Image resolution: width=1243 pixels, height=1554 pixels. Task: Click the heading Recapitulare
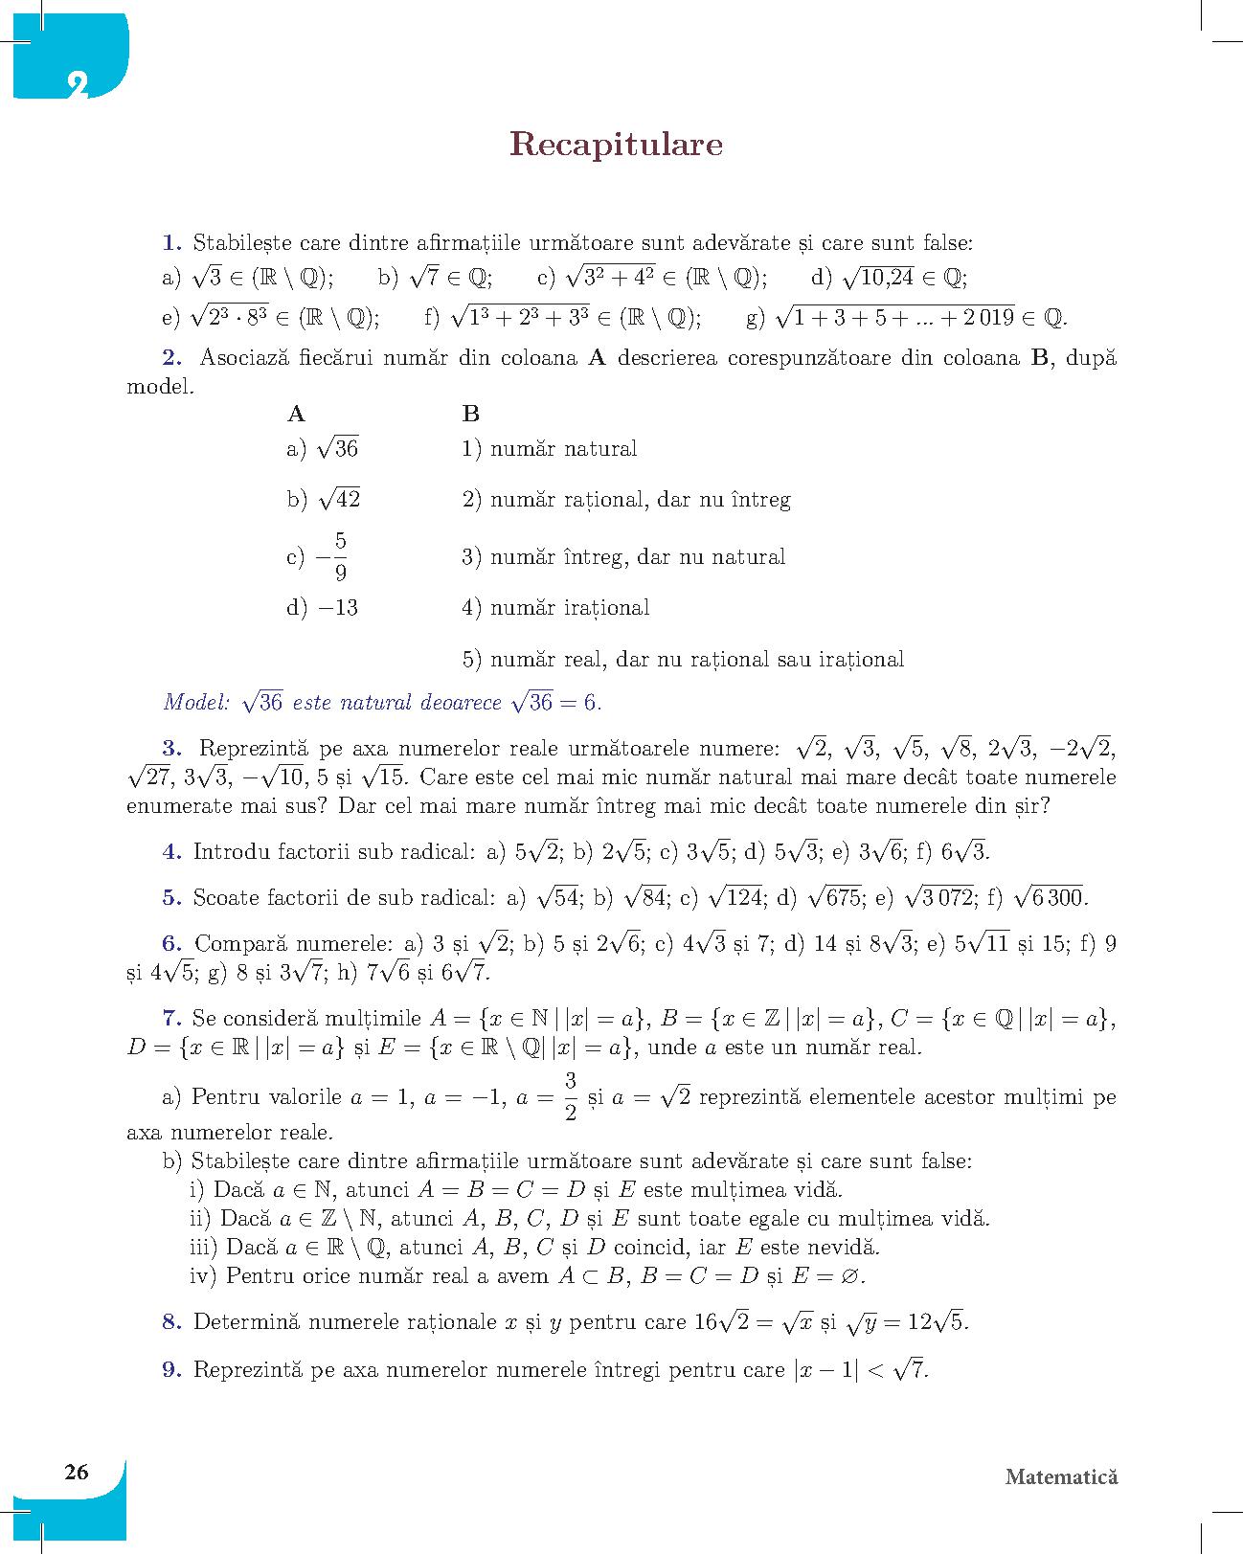(x=616, y=144)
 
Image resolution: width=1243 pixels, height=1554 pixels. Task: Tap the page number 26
(x=76, y=1472)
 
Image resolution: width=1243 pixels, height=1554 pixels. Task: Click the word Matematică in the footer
(x=1061, y=1476)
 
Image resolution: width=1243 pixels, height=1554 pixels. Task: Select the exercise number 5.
(x=172, y=897)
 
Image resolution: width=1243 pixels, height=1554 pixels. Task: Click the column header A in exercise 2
(x=296, y=414)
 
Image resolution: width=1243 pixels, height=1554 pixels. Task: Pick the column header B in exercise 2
(x=470, y=414)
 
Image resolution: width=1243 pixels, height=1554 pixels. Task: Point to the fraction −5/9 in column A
(x=332, y=557)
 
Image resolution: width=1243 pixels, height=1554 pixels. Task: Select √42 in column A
(x=339, y=499)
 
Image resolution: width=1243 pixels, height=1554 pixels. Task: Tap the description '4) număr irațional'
(x=555, y=607)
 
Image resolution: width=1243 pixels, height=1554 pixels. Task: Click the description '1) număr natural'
(x=549, y=448)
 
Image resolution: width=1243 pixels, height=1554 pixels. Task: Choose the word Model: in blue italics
(x=197, y=702)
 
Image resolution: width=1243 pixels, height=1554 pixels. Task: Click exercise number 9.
(x=172, y=1369)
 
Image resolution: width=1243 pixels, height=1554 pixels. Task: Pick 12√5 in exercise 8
(x=937, y=1322)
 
